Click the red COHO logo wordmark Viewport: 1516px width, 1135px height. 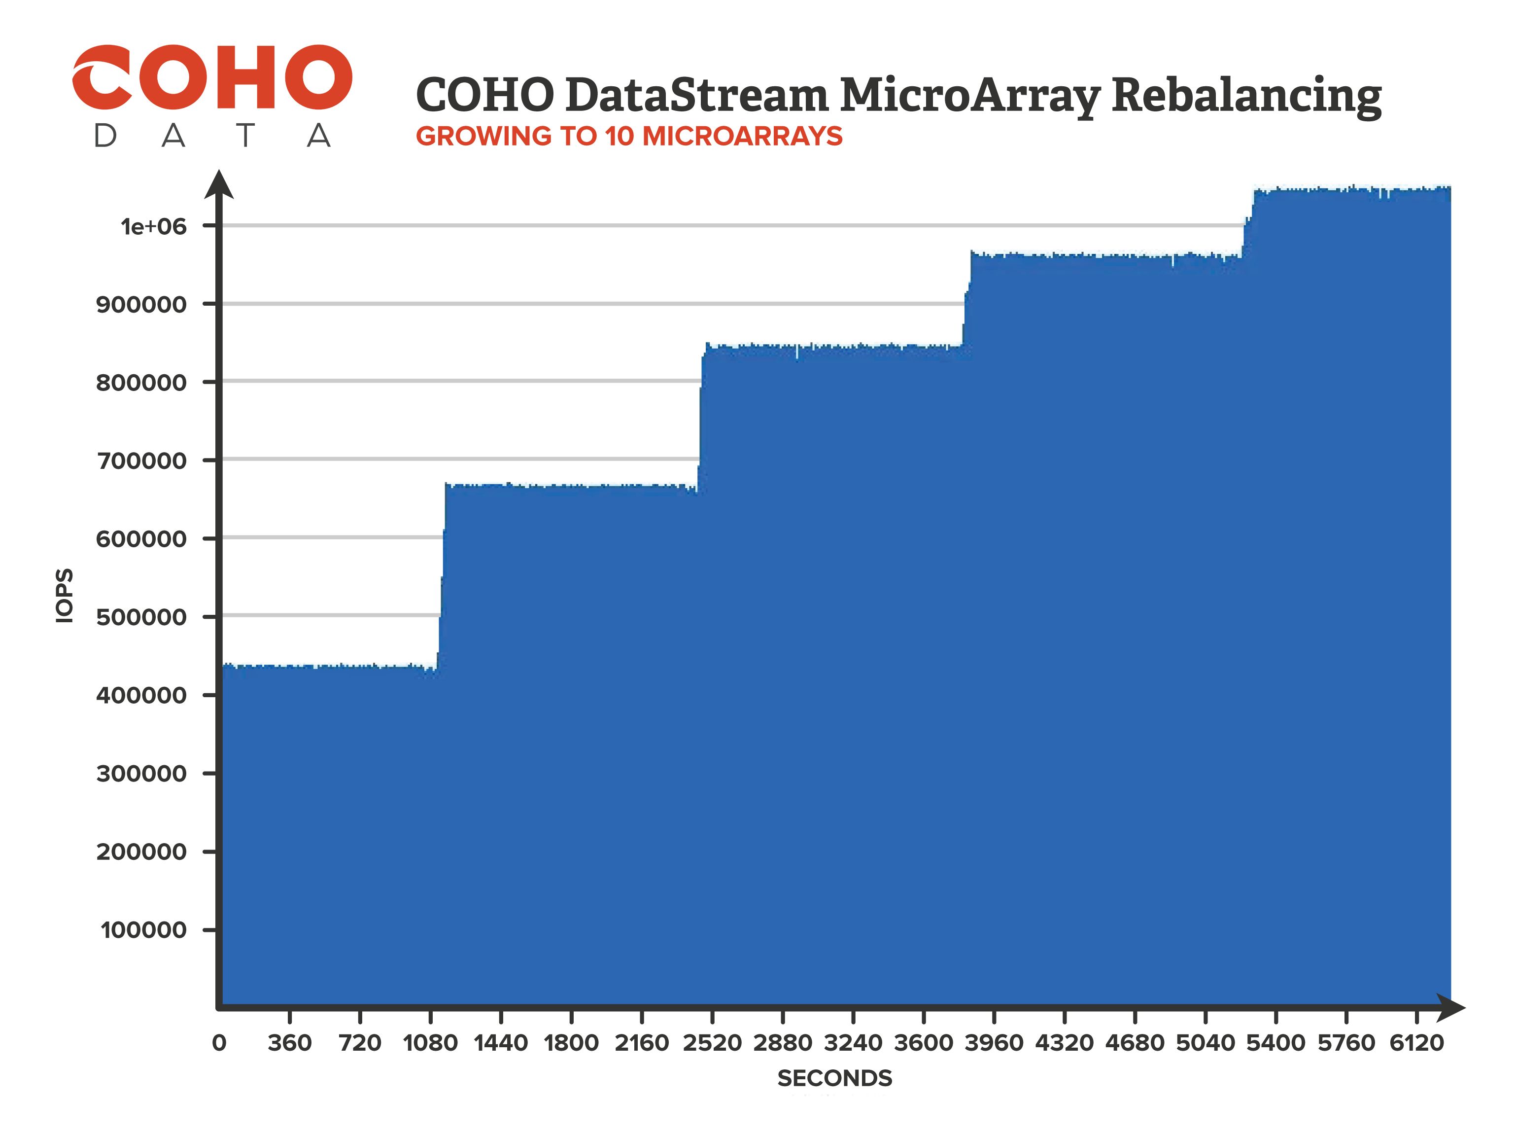[x=212, y=77]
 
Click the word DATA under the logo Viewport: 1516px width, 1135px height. [x=212, y=136]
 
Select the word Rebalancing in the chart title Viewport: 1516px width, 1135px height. [x=1246, y=96]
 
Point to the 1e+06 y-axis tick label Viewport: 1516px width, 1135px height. [x=153, y=226]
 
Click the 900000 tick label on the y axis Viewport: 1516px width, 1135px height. [x=141, y=305]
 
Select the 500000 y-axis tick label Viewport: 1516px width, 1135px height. [x=141, y=617]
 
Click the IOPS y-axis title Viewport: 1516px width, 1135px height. [x=64, y=595]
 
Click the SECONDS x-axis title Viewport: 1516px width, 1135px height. [x=835, y=1078]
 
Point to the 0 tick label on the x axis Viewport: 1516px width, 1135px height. [x=219, y=1043]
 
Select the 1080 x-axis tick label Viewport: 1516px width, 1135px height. [x=430, y=1043]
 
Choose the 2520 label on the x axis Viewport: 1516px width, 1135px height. [x=712, y=1043]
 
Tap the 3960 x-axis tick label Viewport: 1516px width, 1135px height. [x=994, y=1043]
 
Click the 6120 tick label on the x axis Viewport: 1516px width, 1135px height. [x=1416, y=1043]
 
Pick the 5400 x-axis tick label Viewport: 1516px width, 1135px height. [x=1275, y=1043]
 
